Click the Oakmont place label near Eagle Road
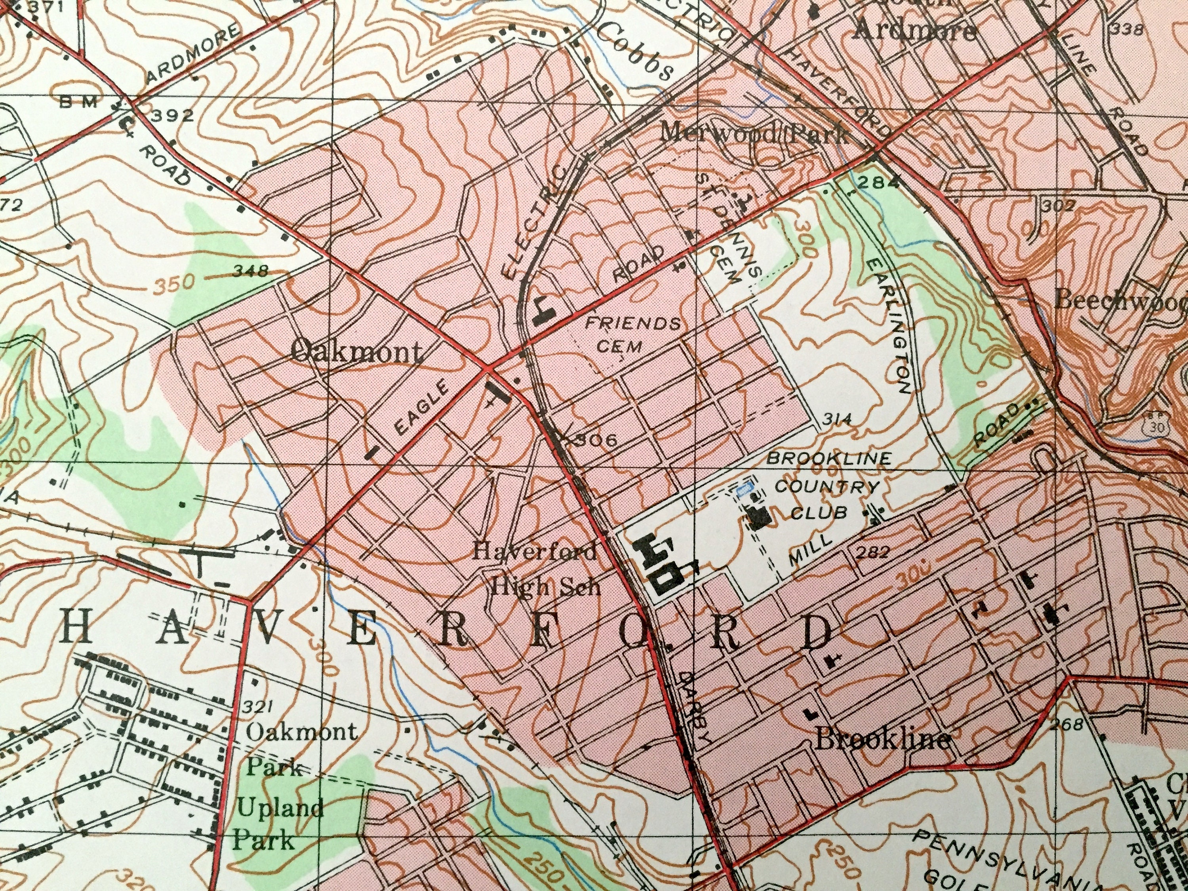pyautogui.click(x=356, y=353)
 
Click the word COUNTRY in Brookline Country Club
pyautogui.click(x=828, y=487)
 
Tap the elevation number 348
pyautogui.click(x=250, y=271)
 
